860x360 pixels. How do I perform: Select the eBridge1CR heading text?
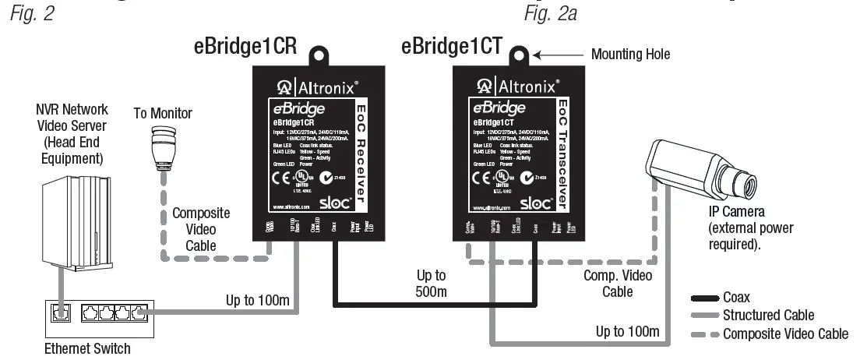(x=245, y=46)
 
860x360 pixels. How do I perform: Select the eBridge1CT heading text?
(x=453, y=46)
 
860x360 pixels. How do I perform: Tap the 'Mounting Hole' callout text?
(x=630, y=54)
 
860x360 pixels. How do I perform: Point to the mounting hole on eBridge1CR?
(x=319, y=55)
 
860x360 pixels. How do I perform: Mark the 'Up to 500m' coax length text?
(x=430, y=284)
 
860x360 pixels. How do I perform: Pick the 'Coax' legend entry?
(x=737, y=297)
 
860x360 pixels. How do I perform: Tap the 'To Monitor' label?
(x=163, y=114)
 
